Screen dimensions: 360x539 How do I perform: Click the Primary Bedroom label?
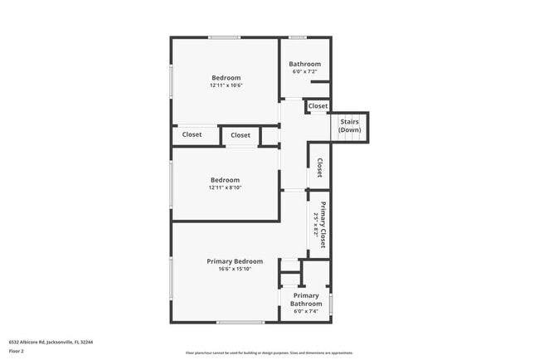tap(234, 261)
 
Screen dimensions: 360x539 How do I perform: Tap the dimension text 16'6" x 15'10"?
tap(234, 269)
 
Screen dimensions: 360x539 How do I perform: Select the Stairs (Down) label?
tap(349, 126)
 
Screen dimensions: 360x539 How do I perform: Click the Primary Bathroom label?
tap(305, 299)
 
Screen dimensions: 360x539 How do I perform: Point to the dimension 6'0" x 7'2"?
tap(304, 71)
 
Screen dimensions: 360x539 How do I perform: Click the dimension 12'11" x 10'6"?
tap(226, 85)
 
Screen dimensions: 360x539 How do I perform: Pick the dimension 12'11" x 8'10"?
tap(225, 187)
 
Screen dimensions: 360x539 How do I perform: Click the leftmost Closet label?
tap(192, 134)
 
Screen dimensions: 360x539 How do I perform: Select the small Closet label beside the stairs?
tap(318, 106)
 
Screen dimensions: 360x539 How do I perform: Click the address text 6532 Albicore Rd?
tap(51, 341)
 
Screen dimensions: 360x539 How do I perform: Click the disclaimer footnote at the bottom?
tap(269, 353)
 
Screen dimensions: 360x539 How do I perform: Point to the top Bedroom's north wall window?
tap(225, 37)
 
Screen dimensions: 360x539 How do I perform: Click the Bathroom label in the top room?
tap(304, 65)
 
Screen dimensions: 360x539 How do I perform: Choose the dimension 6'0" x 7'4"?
tap(305, 311)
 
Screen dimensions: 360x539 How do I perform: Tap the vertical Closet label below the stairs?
tap(318, 167)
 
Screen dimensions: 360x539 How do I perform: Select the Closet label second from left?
tap(240, 135)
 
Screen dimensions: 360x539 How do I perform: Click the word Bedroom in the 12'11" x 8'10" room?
tap(225, 180)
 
